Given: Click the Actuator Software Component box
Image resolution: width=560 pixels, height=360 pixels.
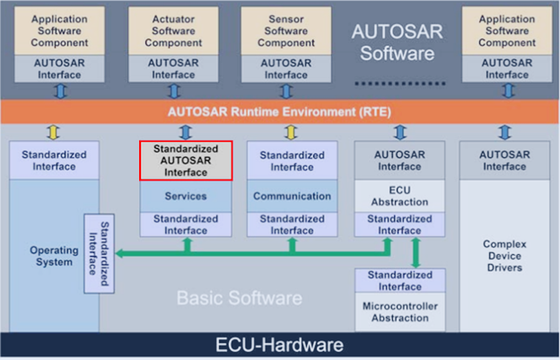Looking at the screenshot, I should [173, 30].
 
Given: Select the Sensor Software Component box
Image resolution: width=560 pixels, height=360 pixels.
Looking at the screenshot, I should [285, 30].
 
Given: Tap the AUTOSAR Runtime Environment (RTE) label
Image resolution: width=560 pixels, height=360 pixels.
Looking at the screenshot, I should [278, 112].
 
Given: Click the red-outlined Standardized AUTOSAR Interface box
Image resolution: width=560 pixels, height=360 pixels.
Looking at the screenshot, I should [186, 160].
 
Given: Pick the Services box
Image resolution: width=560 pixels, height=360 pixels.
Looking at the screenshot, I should [186, 196].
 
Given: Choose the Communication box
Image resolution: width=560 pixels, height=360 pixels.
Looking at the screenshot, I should [292, 196].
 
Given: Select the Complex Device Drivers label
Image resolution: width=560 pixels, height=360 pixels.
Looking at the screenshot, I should [503, 256].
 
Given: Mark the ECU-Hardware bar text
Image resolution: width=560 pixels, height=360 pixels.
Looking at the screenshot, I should [280, 345].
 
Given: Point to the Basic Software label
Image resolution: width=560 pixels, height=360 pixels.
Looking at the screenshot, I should [239, 297].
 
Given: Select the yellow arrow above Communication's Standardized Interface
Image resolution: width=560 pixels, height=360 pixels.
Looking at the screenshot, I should [291, 132].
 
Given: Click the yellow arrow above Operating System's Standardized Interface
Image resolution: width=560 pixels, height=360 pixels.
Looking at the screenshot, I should [54, 132].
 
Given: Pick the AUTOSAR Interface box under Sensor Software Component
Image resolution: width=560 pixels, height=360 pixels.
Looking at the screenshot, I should [285, 68].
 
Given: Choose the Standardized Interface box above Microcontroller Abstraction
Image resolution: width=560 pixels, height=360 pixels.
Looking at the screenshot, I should [399, 280].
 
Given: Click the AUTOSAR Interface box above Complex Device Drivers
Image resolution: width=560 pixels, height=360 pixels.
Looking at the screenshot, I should [503, 160].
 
